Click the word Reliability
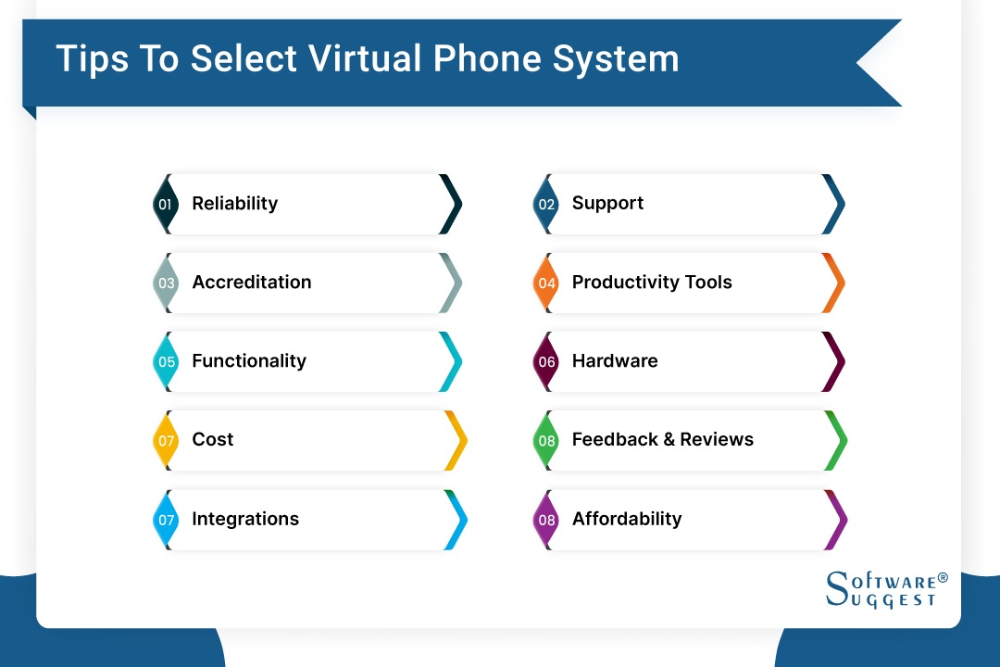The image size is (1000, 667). [x=234, y=204]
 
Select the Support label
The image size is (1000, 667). [x=607, y=204]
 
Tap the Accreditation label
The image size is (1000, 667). [x=251, y=283]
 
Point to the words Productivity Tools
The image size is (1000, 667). [x=652, y=283]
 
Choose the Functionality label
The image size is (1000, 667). [x=248, y=361]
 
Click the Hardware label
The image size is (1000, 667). [x=615, y=361]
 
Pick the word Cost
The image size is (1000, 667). [x=213, y=440]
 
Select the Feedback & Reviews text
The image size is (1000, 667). [x=662, y=440]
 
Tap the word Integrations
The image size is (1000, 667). [x=245, y=520]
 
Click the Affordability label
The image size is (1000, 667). [x=627, y=520]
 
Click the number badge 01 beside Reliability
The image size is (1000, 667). [x=166, y=204]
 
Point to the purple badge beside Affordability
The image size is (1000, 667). [x=546, y=520]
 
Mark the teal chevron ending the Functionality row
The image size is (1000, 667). [x=451, y=361]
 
